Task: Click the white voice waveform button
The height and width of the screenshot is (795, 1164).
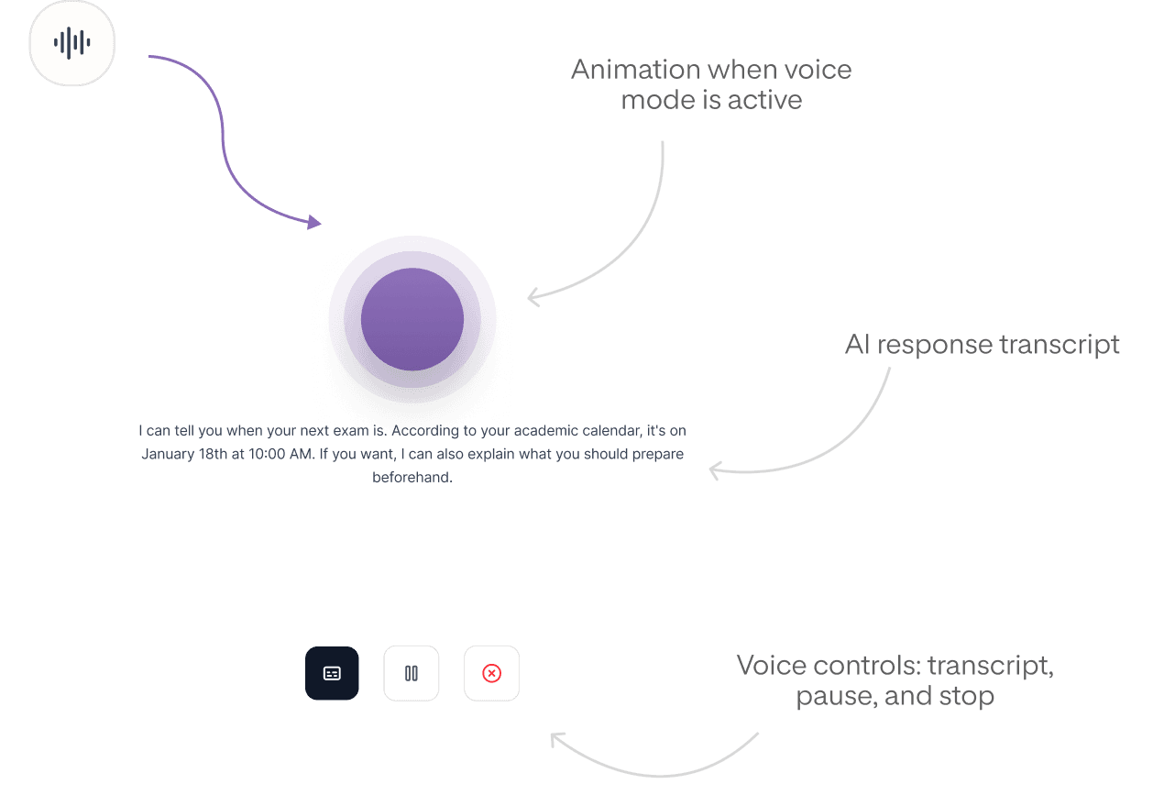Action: pos(71,42)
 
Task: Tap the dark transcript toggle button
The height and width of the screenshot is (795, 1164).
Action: pos(332,673)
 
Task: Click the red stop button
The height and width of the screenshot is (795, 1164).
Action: pos(491,673)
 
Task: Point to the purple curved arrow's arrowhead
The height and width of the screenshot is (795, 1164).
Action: pos(314,222)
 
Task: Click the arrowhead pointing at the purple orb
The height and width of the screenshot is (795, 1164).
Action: pos(532,296)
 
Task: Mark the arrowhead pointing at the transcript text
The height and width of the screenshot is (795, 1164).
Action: pos(714,470)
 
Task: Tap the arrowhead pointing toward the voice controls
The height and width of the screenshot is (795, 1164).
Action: pos(555,737)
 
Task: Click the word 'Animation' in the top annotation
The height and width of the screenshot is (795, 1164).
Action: pos(623,70)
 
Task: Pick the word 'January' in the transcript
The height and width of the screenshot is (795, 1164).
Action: pos(166,454)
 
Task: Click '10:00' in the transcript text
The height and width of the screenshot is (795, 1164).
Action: pos(268,454)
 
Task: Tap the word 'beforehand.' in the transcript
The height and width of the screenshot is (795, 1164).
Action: pos(412,478)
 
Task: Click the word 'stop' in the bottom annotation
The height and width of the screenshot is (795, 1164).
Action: pos(966,696)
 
